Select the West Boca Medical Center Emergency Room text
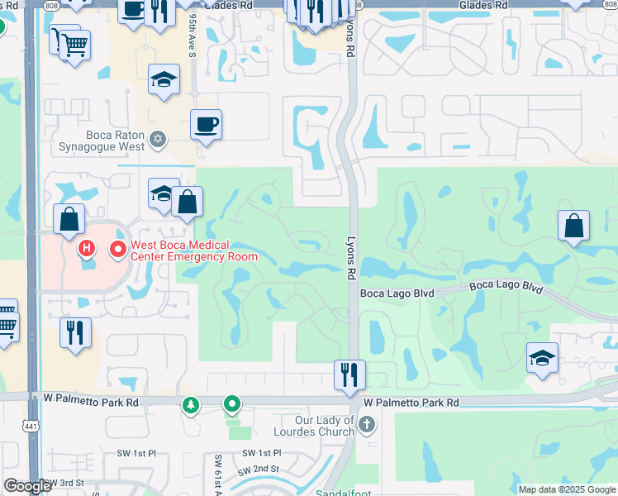coord(183,250)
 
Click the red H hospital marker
coord(86,247)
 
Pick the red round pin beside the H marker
coord(117,247)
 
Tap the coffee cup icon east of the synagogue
coord(206,125)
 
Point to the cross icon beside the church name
coord(367,425)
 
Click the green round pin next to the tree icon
coord(233,404)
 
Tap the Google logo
coord(27,486)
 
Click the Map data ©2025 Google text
coord(567,489)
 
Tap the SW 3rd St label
coord(64,482)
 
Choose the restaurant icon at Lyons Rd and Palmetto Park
coord(350,374)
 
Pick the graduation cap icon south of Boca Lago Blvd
coord(542,358)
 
